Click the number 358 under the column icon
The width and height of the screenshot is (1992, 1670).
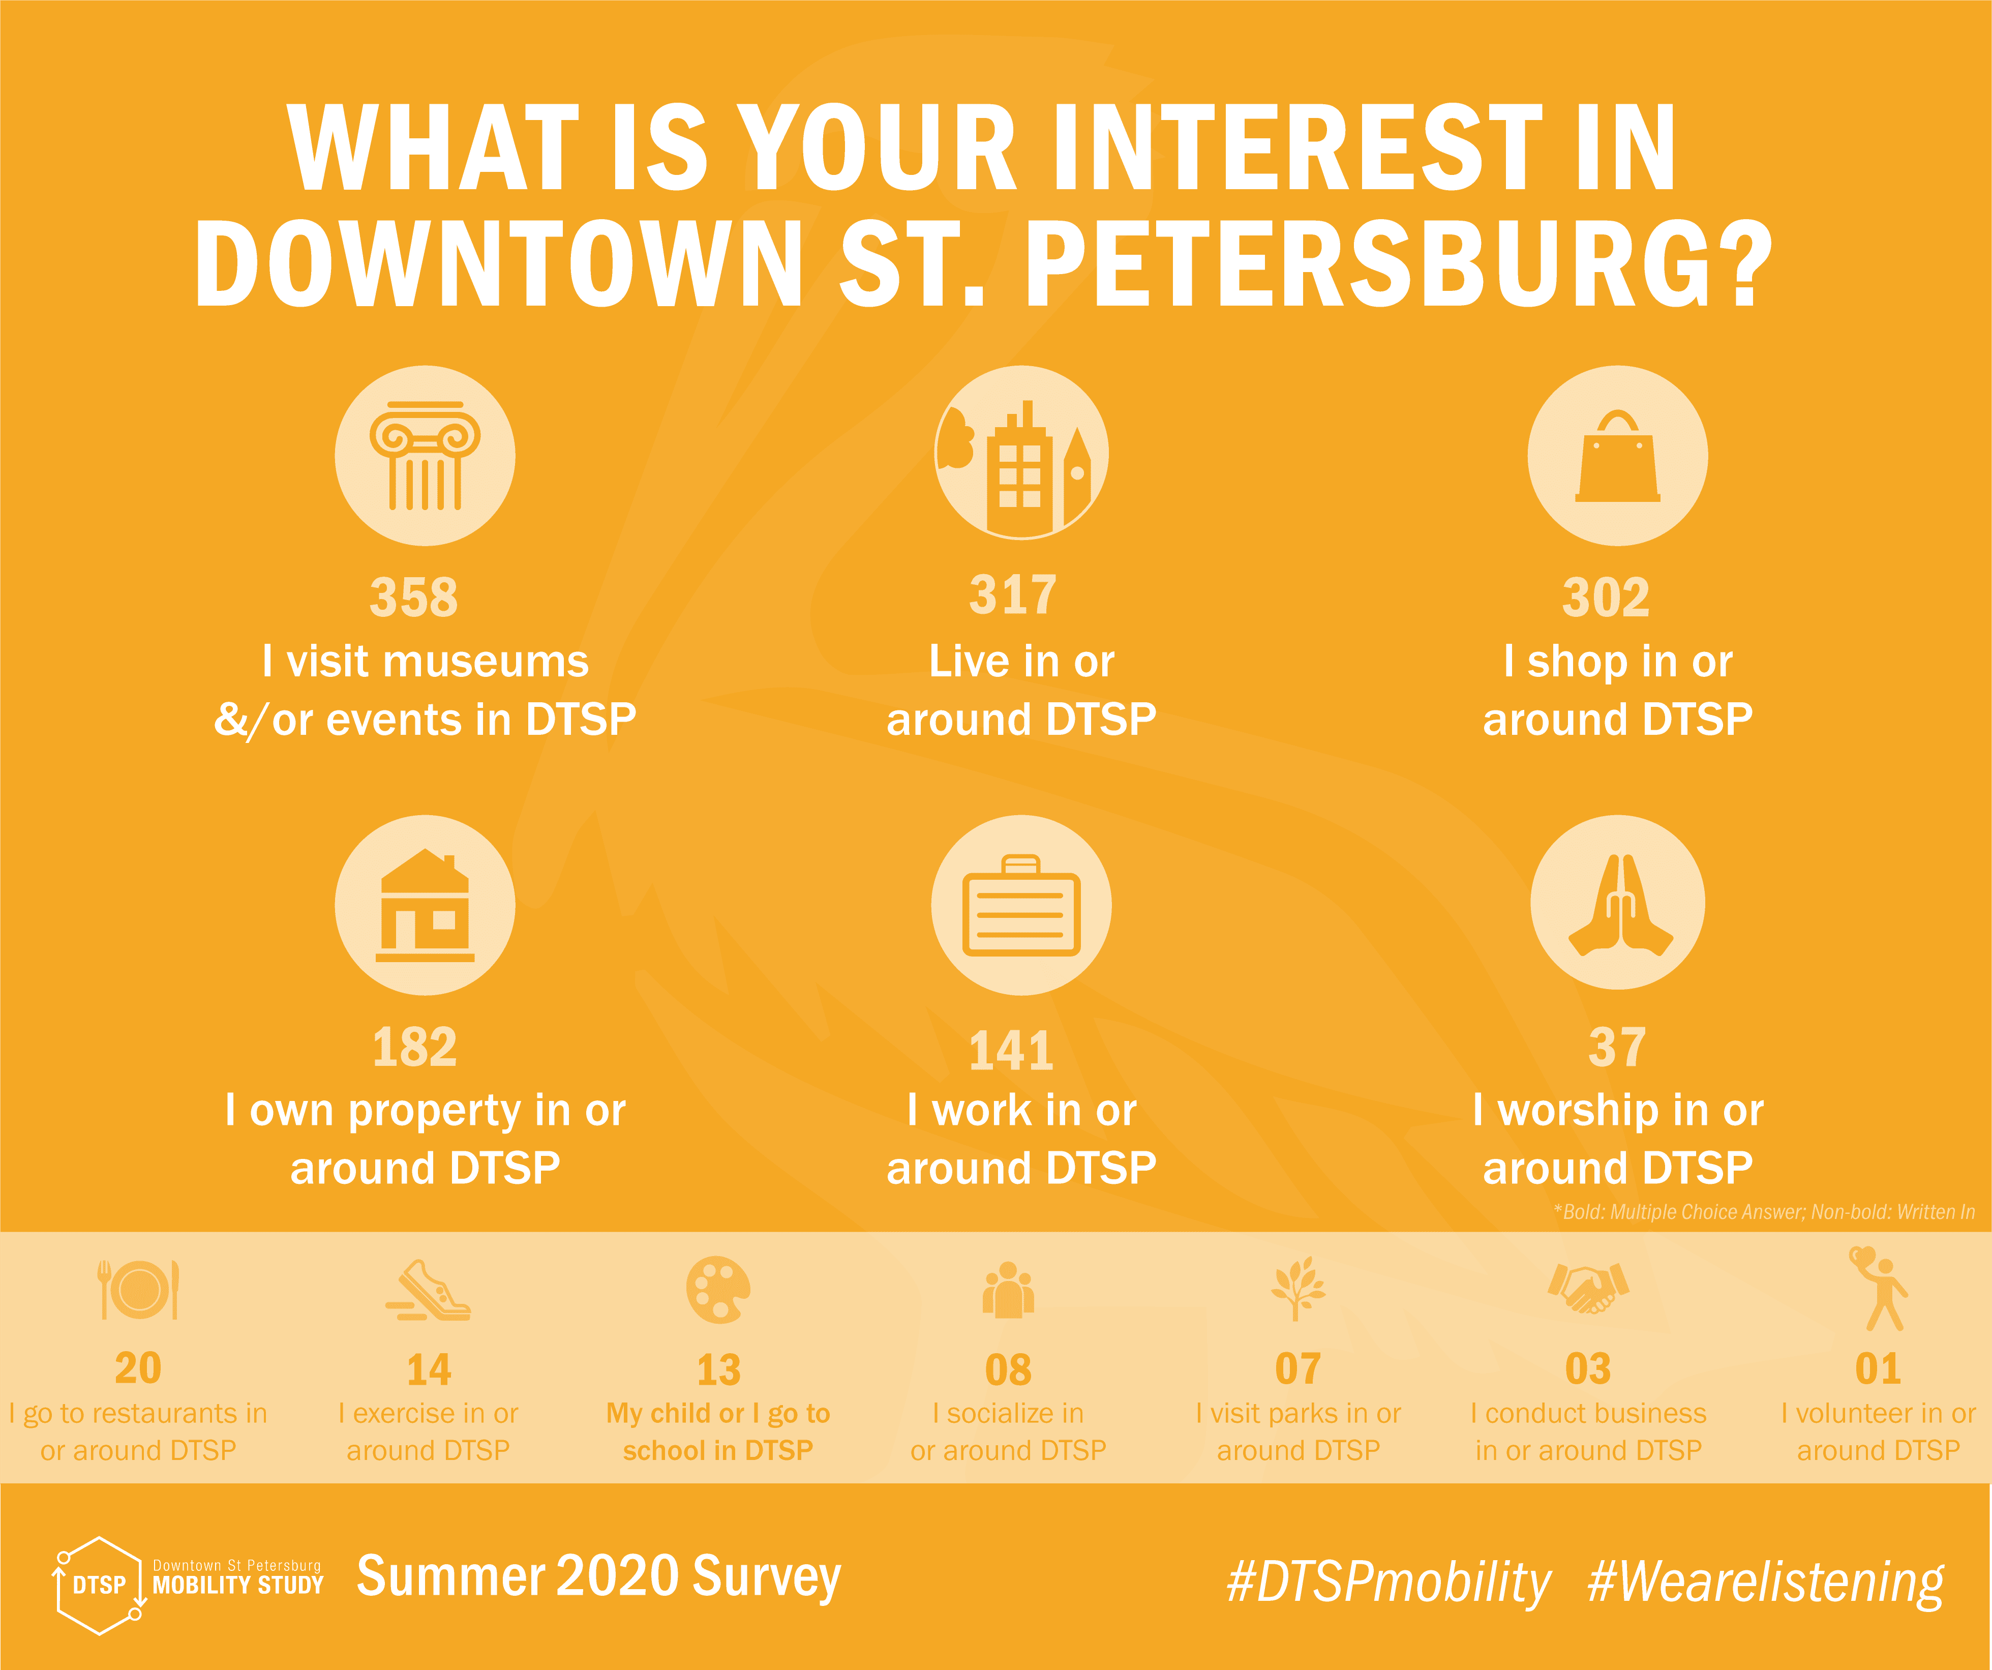413,598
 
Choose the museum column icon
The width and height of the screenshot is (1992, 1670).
425,456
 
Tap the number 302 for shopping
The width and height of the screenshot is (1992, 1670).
1606,598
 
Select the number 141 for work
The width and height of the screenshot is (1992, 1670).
1011,1051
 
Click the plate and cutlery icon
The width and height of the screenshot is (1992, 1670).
138,1290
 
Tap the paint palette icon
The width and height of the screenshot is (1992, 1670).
718,1290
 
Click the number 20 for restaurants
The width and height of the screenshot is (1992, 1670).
138,1368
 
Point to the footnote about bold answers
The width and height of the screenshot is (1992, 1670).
1764,1212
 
